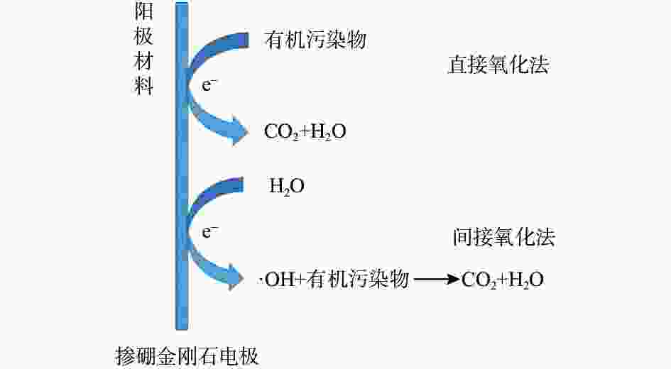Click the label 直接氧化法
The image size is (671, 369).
coord(498,65)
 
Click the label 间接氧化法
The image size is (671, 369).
coord(504,237)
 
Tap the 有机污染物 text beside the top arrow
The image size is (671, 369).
coord(315,40)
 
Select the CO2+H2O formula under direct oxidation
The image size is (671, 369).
coord(305,131)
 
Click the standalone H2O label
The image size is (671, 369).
coord(286,187)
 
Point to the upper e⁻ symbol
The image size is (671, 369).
coord(209,84)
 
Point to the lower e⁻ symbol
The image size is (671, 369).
coord(209,232)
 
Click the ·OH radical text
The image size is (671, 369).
coord(276,280)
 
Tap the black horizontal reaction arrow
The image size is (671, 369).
coord(437,280)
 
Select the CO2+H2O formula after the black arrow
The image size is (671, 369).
coord(503,280)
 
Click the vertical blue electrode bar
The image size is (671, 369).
coord(182,166)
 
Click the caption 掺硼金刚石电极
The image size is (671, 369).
coord(187,356)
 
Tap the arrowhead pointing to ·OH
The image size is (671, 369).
coord(236,278)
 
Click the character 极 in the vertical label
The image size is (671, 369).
coord(143,35)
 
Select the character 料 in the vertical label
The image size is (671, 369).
coord(143,86)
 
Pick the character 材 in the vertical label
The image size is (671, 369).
coord(143,61)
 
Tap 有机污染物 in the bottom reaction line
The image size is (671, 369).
coord(358,280)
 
